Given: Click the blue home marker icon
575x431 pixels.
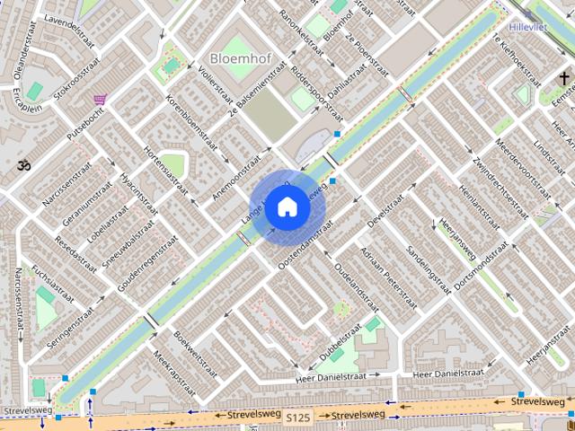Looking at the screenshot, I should tap(287, 207).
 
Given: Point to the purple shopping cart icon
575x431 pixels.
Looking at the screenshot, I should tap(101, 99).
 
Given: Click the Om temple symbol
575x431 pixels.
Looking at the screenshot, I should tap(22, 164).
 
